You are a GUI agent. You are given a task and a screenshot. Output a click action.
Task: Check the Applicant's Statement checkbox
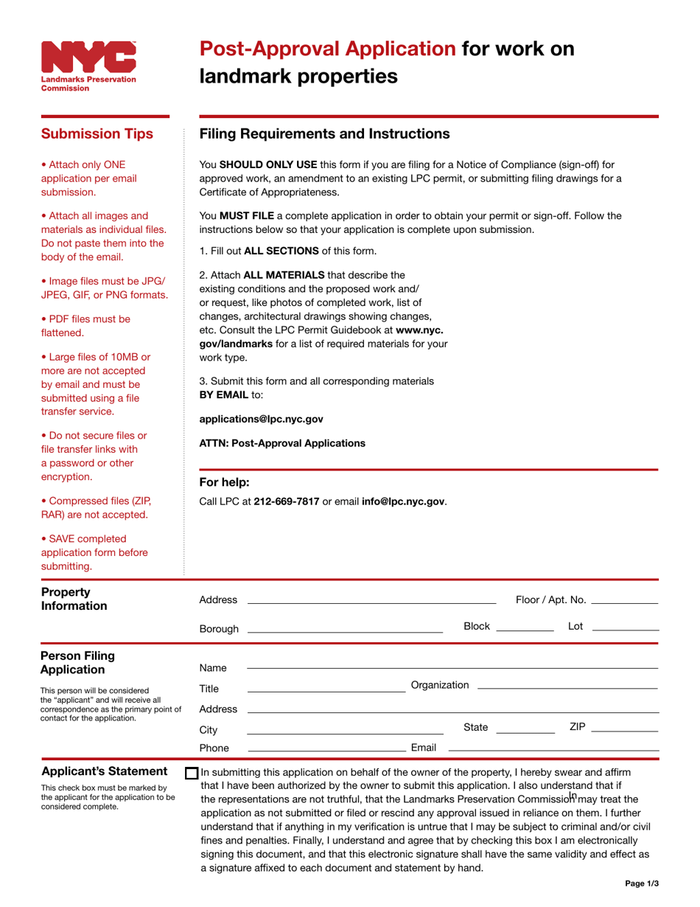click(192, 774)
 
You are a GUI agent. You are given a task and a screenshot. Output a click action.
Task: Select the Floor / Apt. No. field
click(624, 600)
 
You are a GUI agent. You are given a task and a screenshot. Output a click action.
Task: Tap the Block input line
click(525, 626)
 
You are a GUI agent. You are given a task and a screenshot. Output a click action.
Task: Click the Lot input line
click(625, 626)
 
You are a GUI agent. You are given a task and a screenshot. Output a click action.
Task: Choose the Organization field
click(567, 685)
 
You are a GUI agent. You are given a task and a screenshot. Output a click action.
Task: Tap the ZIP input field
click(624, 728)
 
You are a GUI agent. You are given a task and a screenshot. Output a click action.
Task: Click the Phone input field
click(326, 748)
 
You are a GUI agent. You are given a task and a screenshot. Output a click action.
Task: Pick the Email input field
click(553, 748)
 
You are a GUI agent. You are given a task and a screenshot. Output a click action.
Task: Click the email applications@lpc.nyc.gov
click(262, 419)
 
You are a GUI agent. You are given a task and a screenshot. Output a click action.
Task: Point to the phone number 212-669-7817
click(286, 501)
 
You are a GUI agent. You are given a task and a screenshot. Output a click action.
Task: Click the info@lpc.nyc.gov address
click(403, 501)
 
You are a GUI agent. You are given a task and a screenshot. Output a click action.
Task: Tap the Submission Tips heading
click(97, 133)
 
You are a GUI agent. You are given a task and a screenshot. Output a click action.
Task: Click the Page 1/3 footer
click(640, 883)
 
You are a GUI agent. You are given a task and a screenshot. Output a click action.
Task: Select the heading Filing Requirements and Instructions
click(324, 133)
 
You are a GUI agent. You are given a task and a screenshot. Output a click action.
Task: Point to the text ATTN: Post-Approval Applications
click(282, 443)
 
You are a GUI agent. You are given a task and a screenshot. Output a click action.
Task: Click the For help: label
click(225, 483)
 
